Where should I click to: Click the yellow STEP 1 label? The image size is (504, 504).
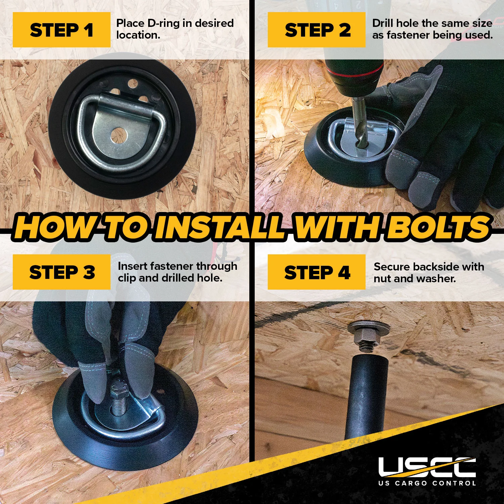[x=61, y=30]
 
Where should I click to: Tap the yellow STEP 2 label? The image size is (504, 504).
[x=317, y=30]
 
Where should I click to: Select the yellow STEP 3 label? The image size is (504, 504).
[x=61, y=272]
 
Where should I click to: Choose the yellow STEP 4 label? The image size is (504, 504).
[x=317, y=272]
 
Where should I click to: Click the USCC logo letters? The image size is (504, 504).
[x=427, y=467]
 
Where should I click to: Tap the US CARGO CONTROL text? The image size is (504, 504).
[x=427, y=483]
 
